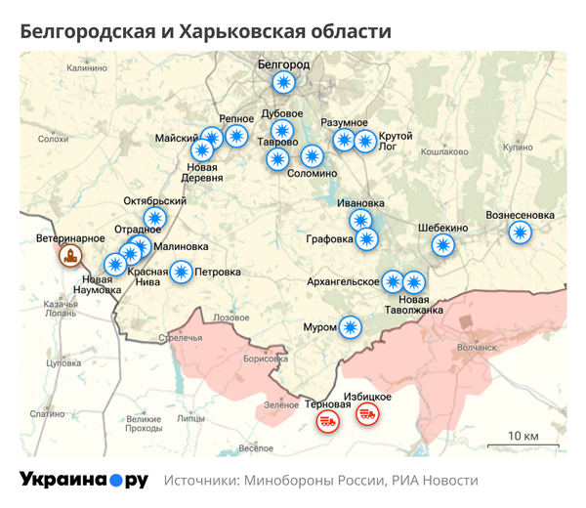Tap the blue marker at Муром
pos(350,327)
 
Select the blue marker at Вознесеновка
pos(520,232)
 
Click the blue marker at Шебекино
pos(444,245)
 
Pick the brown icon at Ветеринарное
pos(70,257)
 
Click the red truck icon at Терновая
pos(327,421)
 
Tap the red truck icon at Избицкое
pos(367,414)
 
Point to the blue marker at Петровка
pos(181,272)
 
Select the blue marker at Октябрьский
pos(154,218)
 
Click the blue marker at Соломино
pos(312,155)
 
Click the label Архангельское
pos(343,281)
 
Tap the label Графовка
pos(329,238)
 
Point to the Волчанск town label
pos(477,346)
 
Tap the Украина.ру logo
pos(83,480)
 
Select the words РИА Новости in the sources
pos(436,481)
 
